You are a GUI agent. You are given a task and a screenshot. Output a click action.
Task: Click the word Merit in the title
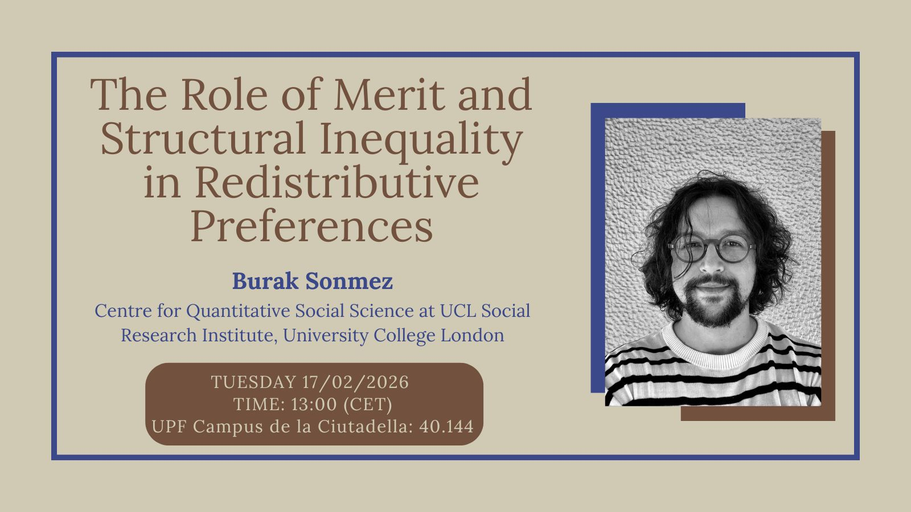(x=389, y=94)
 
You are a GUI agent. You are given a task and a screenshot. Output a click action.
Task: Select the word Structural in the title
(x=203, y=138)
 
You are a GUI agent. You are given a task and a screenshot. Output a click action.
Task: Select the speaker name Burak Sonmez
(x=313, y=281)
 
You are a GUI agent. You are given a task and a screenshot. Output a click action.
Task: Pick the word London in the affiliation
(x=473, y=335)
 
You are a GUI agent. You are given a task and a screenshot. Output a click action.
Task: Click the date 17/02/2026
(x=355, y=382)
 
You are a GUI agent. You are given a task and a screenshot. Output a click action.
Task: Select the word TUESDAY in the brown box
(x=254, y=382)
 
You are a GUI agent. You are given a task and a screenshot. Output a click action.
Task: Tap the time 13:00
(x=314, y=404)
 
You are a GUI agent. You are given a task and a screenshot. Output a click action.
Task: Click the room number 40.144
(x=446, y=427)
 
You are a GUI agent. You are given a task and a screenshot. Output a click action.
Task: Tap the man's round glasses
(x=711, y=247)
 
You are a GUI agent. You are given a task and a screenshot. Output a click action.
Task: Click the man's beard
(x=715, y=301)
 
